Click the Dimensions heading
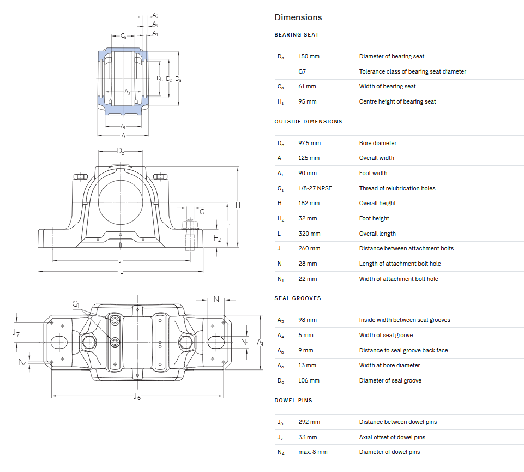click(x=298, y=17)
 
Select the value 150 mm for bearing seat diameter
click(x=309, y=56)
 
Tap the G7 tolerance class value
click(x=302, y=71)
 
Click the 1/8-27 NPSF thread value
click(x=315, y=188)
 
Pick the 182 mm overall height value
click(x=309, y=203)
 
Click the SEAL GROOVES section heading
click(x=297, y=298)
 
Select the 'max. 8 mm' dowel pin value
click(x=312, y=452)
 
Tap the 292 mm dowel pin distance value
click(x=309, y=422)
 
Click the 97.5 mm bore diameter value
click(x=309, y=143)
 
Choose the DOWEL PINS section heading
click(x=293, y=401)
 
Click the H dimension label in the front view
click(x=238, y=205)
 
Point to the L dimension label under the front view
click(x=121, y=272)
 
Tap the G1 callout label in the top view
click(x=76, y=304)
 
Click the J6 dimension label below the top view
click(x=137, y=397)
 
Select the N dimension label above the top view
click(x=216, y=299)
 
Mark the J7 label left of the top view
click(x=16, y=332)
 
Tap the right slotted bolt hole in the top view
click(x=216, y=342)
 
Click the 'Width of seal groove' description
click(x=386, y=335)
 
